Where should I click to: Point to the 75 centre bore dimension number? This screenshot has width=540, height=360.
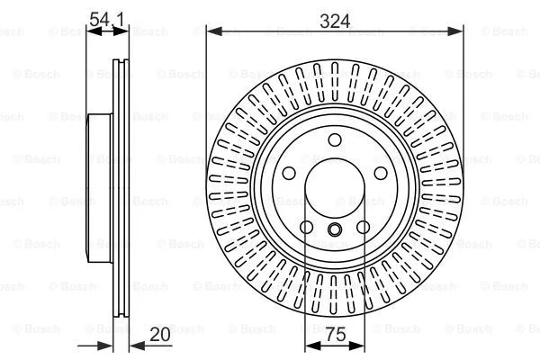tap(335, 335)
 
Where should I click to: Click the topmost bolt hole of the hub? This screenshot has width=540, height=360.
tap(335, 139)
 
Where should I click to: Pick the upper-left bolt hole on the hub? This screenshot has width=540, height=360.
tap(289, 175)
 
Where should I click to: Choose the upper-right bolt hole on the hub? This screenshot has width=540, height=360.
tap(382, 175)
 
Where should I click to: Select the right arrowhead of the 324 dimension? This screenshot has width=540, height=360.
tap(458, 31)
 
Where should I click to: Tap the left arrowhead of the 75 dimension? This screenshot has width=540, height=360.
tap(310, 346)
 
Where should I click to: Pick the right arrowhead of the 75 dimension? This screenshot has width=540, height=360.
tap(360, 346)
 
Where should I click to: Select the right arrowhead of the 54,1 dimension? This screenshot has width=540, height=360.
tap(121, 31)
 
